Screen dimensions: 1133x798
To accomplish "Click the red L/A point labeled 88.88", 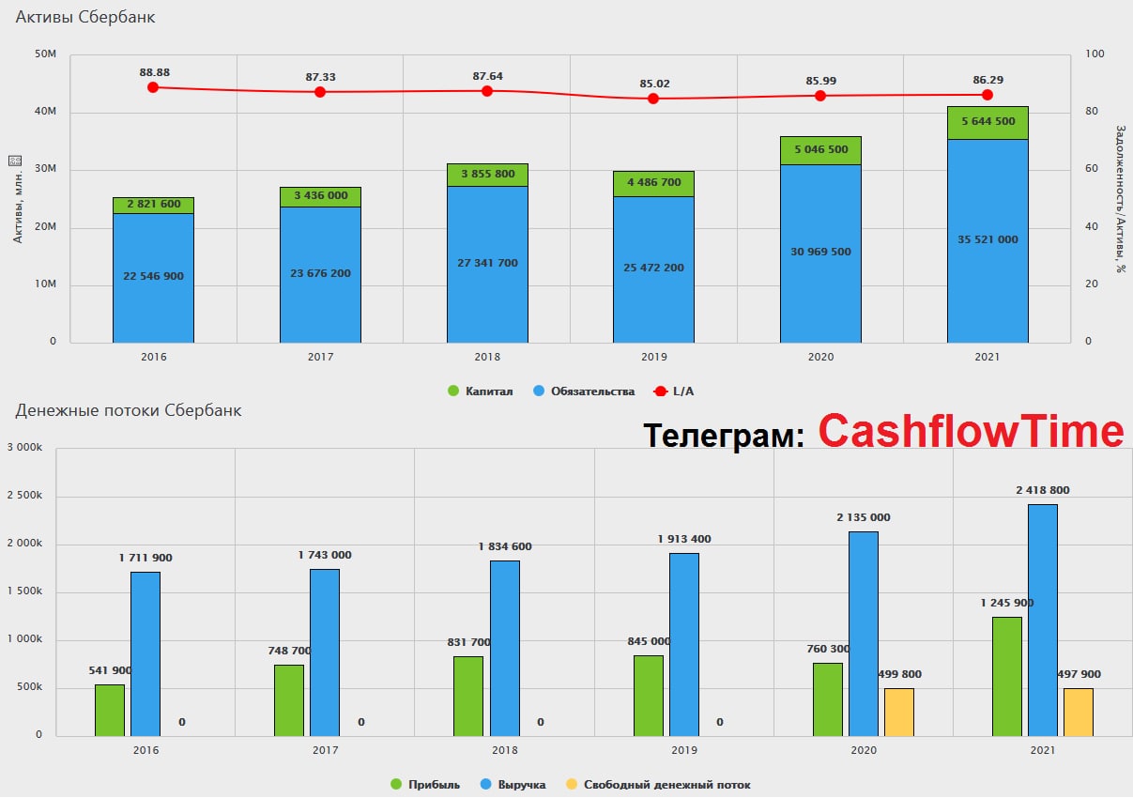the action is pos(153,87).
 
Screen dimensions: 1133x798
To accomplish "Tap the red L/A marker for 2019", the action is pos(653,99).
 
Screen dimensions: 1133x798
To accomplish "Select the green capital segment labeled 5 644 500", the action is pos(988,123).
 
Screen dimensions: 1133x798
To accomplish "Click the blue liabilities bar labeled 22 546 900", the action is pos(153,278).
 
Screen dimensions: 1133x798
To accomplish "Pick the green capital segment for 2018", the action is pos(487,175).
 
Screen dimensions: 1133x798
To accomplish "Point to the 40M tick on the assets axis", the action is pos(45,112).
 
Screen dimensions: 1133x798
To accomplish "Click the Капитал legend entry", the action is pos(480,391).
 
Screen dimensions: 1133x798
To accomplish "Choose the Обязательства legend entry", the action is pos(584,391).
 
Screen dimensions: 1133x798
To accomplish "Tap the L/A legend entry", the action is pos(673,391).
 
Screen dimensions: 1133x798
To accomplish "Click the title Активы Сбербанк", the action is pos(85,17).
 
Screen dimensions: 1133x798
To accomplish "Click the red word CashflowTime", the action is pos(972,431).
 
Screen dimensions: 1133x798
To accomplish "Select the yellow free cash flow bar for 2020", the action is pos(899,713).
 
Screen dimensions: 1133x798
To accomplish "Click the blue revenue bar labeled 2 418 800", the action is pos(1043,621).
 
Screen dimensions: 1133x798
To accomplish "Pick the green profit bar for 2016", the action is pos(110,711).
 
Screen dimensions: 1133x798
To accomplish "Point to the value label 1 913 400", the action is pos(684,539).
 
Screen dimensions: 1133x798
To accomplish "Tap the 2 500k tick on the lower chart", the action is pos(24,495).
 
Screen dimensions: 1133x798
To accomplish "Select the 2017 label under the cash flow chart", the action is pos(325,750).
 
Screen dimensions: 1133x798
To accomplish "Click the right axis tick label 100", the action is pos(1095,54).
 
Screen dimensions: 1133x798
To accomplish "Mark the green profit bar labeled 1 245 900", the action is pos(1007,677).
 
